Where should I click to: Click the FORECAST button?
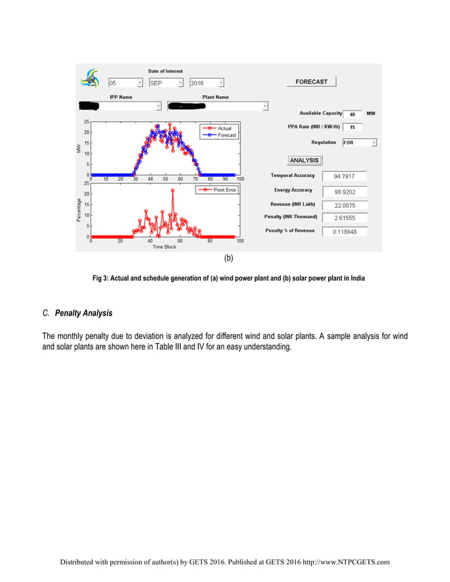311,82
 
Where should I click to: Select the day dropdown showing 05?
124,83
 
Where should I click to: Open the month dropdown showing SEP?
165,83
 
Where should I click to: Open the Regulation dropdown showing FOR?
359,142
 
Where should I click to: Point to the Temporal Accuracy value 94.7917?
344,175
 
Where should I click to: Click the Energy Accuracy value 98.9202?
344,191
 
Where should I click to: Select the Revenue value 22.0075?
344,205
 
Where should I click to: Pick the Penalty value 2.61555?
344,218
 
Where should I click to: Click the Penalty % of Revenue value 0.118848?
344,231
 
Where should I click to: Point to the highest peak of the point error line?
173,190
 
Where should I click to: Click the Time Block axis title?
164,247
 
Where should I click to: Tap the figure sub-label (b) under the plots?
229,259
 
